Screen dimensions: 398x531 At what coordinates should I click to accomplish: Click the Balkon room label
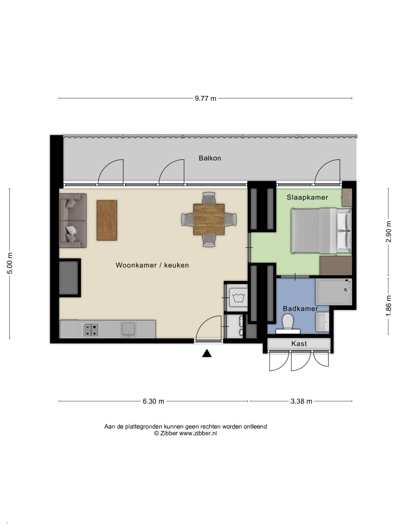210,158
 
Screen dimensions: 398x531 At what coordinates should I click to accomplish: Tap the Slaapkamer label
307,197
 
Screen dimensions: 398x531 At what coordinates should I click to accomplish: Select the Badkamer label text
300,308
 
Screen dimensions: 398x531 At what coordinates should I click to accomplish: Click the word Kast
299,343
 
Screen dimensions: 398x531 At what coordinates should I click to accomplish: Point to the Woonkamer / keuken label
152,265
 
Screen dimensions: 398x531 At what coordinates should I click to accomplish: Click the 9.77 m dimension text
205,99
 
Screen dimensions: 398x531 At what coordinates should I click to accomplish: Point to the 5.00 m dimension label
10,263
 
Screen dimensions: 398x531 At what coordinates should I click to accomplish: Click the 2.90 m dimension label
388,232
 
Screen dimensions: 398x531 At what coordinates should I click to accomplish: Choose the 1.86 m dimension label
388,306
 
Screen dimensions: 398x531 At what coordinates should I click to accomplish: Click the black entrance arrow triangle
207,353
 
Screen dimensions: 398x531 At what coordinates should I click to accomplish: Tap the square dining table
209,219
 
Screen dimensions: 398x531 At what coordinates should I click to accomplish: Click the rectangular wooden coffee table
107,220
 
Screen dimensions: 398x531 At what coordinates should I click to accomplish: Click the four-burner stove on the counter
90,330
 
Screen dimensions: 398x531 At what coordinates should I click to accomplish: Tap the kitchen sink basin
129,329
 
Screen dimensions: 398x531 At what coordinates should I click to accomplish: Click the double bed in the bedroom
321,231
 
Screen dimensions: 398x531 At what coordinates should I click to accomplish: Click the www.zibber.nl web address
198,433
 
